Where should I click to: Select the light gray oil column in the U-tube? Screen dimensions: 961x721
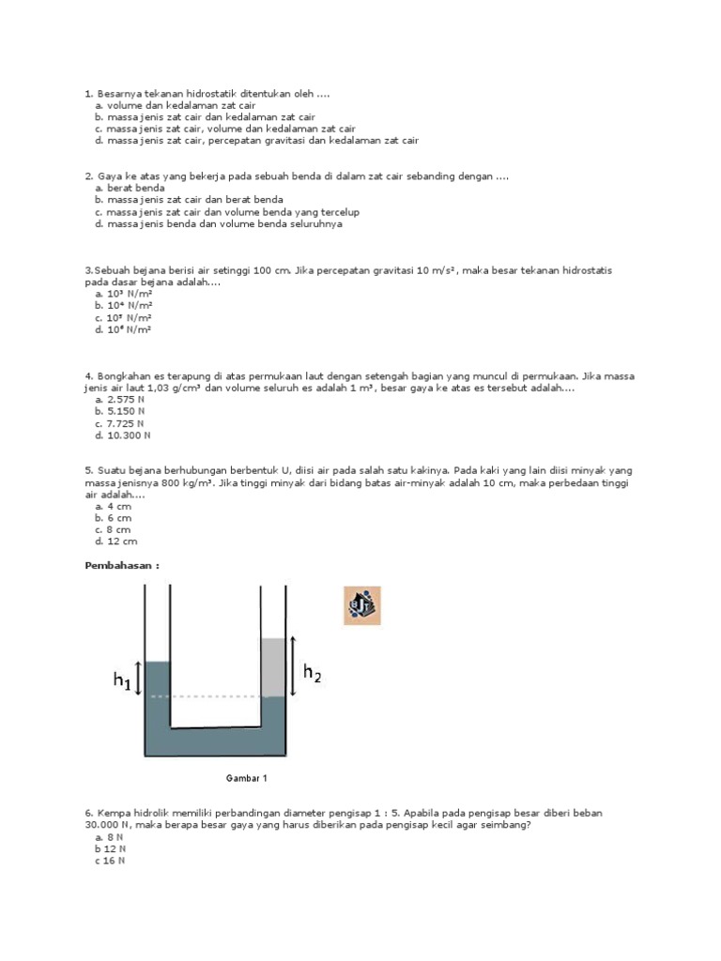272,667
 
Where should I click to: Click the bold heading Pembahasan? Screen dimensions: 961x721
123,566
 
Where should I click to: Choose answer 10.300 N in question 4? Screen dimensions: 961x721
130,435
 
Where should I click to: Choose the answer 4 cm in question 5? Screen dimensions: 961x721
119,505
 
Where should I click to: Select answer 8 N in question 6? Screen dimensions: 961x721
112,836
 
